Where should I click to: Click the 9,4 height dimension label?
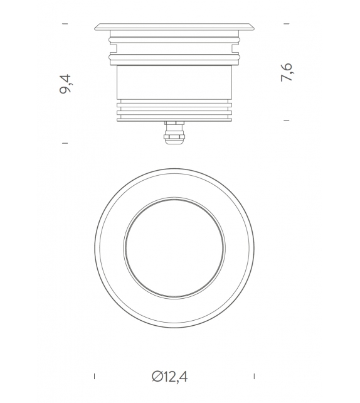click(65, 83)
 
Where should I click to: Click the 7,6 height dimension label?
click(286, 72)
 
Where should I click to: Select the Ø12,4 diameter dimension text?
click(170, 377)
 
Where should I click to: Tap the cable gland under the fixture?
click(174, 132)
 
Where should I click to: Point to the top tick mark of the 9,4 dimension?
click(65, 24)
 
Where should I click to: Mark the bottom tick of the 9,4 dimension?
click(65, 143)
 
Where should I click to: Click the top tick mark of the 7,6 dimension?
click(287, 24)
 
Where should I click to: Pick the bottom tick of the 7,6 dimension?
click(287, 120)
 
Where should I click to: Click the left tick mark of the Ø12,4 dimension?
click(95, 376)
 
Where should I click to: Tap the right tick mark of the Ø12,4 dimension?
click(254, 376)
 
